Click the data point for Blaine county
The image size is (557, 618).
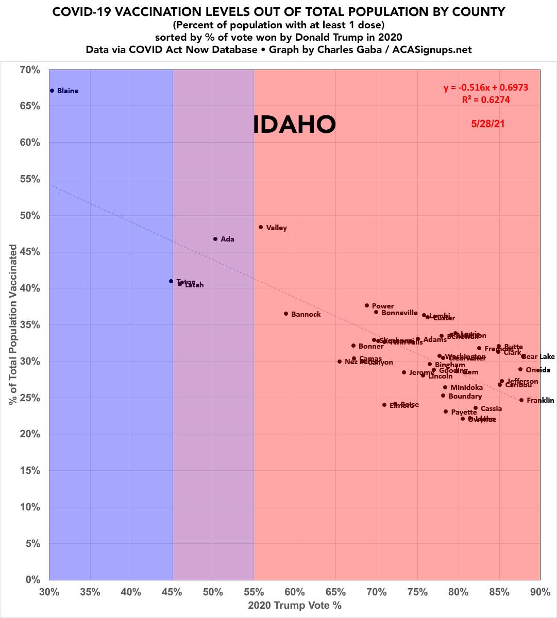pyautogui.click(x=52, y=91)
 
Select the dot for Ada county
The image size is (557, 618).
pyautogui.click(x=215, y=239)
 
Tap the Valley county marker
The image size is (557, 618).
pyautogui.click(x=261, y=227)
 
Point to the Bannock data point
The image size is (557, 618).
pyautogui.click(x=286, y=314)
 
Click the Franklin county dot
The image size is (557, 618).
pyautogui.click(x=521, y=400)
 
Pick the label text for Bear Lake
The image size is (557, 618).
pyautogui.click(x=539, y=356)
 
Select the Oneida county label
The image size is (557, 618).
pyautogui.click(x=538, y=370)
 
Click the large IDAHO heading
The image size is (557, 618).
pyautogui.click(x=294, y=125)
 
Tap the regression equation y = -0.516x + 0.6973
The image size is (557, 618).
pyautogui.click(x=486, y=88)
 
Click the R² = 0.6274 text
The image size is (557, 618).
pyautogui.click(x=486, y=100)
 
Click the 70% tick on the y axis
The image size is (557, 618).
pyautogui.click(x=30, y=70)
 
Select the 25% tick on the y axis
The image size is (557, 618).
pyautogui.click(x=30, y=398)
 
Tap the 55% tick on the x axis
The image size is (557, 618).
pyautogui.click(x=254, y=592)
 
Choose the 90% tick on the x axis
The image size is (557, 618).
pyautogui.click(x=539, y=592)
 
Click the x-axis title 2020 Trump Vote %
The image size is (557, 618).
pyautogui.click(x=295, y=605)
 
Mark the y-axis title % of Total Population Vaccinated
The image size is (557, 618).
pyautogui.click(x=13, y=324)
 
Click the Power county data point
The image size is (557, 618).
pyautogui.click(x=367, y=305)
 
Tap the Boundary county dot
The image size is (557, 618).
pyautogui.click(x=443, y=396)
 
